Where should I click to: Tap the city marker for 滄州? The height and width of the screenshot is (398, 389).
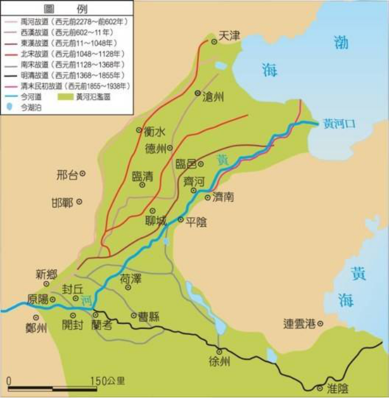pyautogui.click(x=197, y=93)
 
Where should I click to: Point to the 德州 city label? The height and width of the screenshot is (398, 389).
pyautogui.click(x=155, y=149)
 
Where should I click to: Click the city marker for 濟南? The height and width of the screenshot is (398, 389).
pyautogui.click(x=207, y=197)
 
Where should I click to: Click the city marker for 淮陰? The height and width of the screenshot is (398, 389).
pyautogui.click(x=320, y=388)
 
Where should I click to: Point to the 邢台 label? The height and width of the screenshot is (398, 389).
pyautogui.click(x=67, y=175)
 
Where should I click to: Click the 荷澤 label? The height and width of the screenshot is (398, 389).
pyautogui.click(x=130, y=278)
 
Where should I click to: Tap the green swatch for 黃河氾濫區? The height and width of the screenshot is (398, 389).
pyautogui.click(x=66, y=96)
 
